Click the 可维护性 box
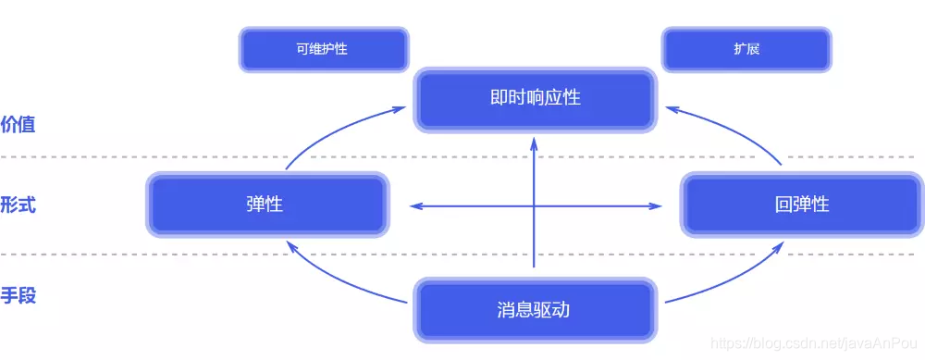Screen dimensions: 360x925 click(x=323, y=49)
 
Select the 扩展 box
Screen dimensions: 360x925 click(x=746, y=49)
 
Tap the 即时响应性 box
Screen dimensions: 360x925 click(x=536, y=97)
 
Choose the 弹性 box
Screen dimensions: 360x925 click(x=265, y=205)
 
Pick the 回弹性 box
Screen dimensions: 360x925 click(x=801, y=205)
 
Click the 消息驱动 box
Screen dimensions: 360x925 click(x=534, y=309)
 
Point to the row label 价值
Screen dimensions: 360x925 click(x=18, y=124)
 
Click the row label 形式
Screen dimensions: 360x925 click(x=18, y=205)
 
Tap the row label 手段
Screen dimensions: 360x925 click(x=18, y=297)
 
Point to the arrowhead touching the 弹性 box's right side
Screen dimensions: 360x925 click(x=415, y=205)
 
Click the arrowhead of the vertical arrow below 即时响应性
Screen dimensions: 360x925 click(x=535, y=143)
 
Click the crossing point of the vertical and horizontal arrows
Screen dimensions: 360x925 click(x=535, y=205)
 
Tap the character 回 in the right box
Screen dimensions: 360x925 click(x=783, y=205)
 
